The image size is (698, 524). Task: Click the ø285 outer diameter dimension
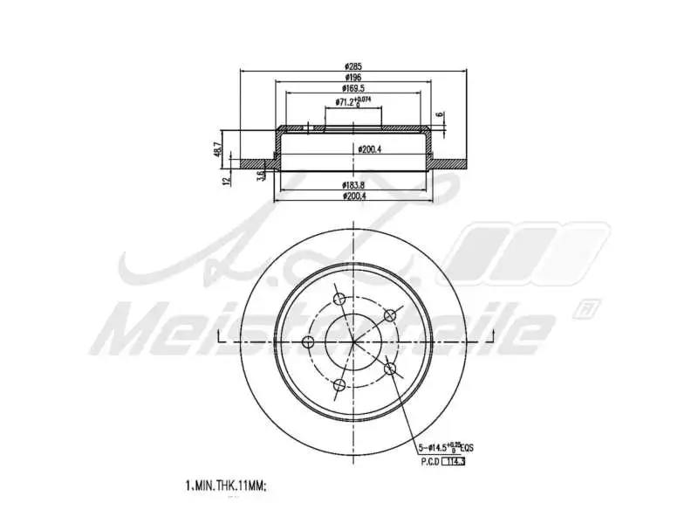tap(352, 66)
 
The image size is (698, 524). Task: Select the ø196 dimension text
tap(352, 78)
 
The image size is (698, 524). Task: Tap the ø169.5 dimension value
tap(353, 89)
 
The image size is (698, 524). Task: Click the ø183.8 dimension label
tap(353, 186)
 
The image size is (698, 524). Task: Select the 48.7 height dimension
tap(217, 148)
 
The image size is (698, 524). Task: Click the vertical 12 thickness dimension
tap(226, 181)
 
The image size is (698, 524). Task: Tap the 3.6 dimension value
tap(261, 176)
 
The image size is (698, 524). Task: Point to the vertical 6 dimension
tap(441, 114)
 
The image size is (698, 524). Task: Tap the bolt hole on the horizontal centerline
tap(307, 341)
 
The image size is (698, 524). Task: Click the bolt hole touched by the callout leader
tap(392, 370)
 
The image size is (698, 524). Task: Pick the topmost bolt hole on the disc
tap(340, 300)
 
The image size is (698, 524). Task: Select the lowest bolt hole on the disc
tap(340, 384)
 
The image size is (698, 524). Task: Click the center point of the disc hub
tap(353, 341)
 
